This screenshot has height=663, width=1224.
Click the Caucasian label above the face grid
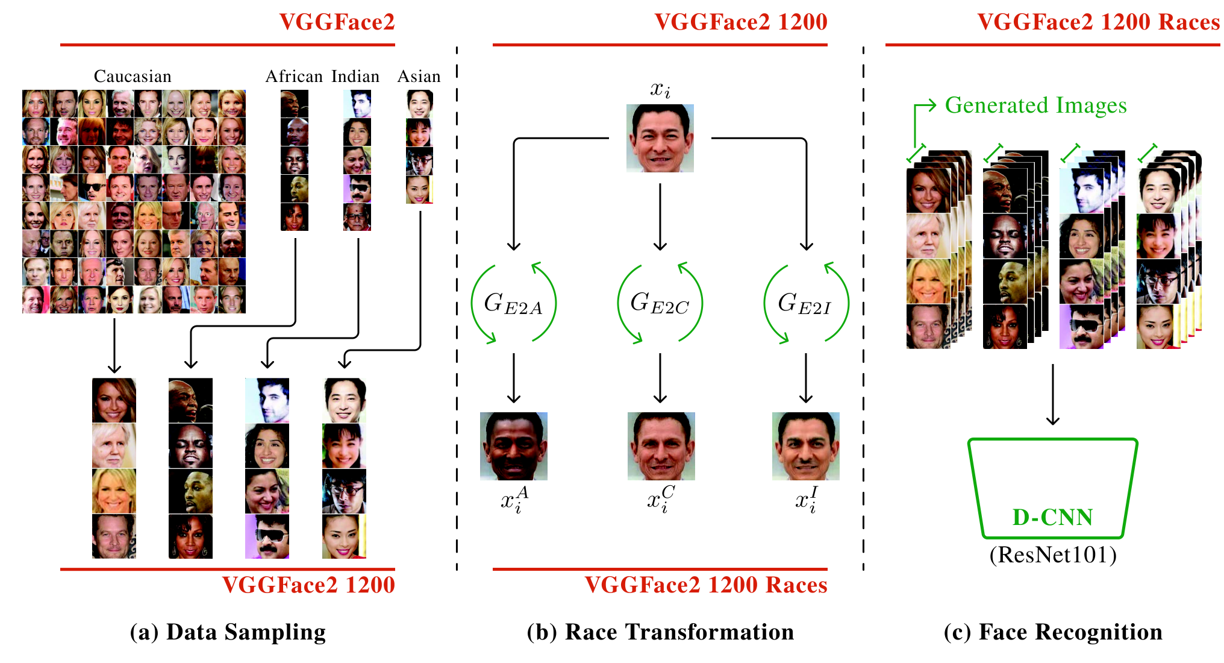[x=133, y=77]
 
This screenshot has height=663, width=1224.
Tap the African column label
[x=294, y=77]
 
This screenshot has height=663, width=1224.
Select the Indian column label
[x=355, y=77]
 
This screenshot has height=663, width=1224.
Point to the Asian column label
[x=419, y=77]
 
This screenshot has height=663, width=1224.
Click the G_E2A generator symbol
[x=513, y=303]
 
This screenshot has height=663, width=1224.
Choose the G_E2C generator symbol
[x=660, y=303]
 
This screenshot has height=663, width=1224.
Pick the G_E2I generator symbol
[x=805, y=303]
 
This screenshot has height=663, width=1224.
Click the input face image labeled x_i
[x=660, y=138]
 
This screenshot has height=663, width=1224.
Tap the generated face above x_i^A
[x=514, y=446]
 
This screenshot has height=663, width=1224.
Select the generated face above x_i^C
[x=661, y=446]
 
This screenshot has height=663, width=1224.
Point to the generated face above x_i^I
[x=806, y=446]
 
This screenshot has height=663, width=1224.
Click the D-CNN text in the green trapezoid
[x=1052, y=517]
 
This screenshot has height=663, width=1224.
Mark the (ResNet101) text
[x=1053, y=555]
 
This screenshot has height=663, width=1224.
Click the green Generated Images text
[x=1035, y=105]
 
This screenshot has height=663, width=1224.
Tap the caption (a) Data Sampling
[x=228, y=632]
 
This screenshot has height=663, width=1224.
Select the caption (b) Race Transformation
[x=660, y=632]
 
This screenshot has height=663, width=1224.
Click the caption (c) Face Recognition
[x=1053, y=632]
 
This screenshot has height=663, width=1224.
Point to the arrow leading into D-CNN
[x=1053, y=395]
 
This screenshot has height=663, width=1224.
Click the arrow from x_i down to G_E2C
[x=660, y=217]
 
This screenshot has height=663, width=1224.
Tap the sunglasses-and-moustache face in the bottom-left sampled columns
[x=267, y=536]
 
